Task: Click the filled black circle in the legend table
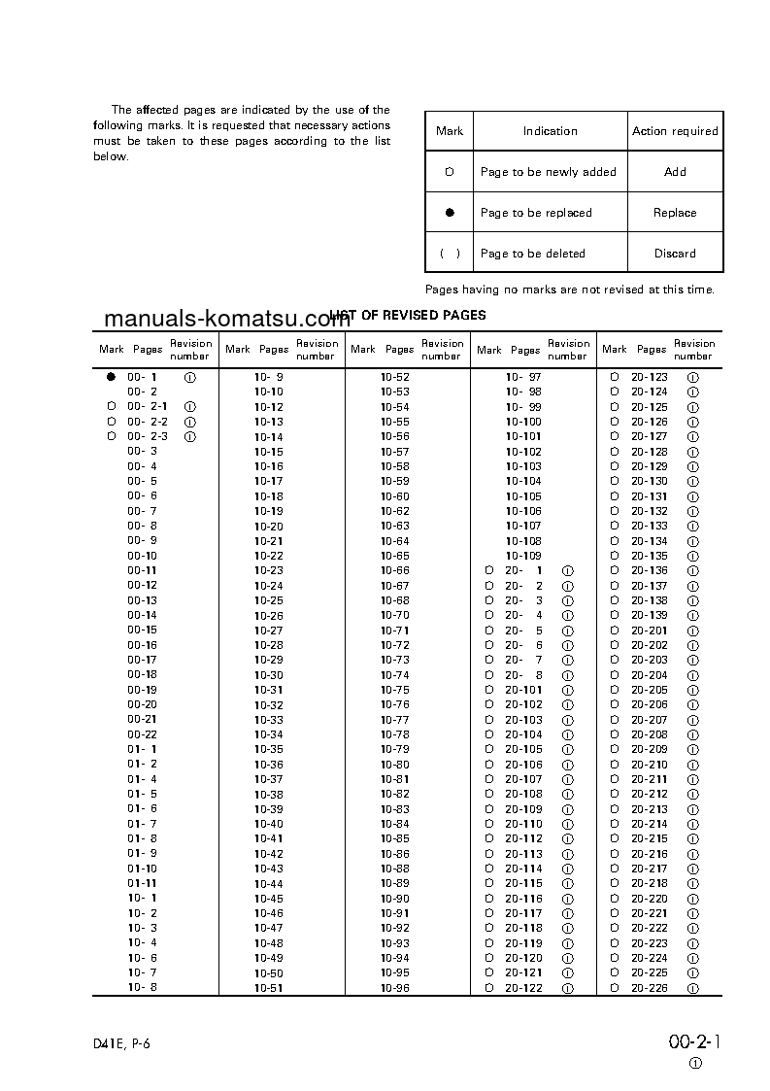[450, 213]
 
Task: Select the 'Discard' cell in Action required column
[675, 254]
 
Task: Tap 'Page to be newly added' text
[548, 172]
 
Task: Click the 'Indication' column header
[550, 131]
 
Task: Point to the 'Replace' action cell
[675, 213]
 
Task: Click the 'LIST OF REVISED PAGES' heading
[408, 316]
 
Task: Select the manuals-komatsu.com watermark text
[226, 320]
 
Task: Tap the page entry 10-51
[269, 988]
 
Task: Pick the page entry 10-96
[395, 988]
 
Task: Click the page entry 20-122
[523, 988]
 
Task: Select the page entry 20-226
[650, 988]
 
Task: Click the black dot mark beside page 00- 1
[111, 376]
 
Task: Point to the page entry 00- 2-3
[148, 436]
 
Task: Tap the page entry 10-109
[524, 556]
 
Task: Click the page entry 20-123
[650, 376]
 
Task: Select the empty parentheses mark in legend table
[450, 254]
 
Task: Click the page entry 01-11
[143, 883]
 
